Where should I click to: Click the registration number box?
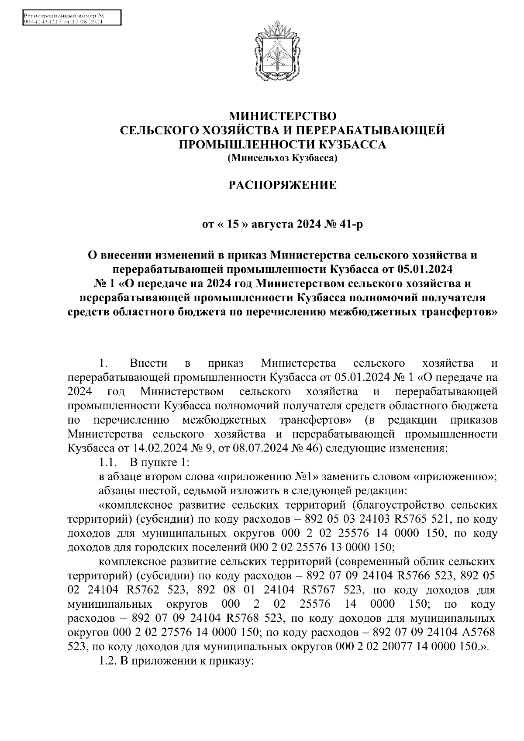coord(71,19)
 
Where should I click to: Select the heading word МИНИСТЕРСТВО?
coord(283,116)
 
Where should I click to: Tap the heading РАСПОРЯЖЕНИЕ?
coord(283,185)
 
